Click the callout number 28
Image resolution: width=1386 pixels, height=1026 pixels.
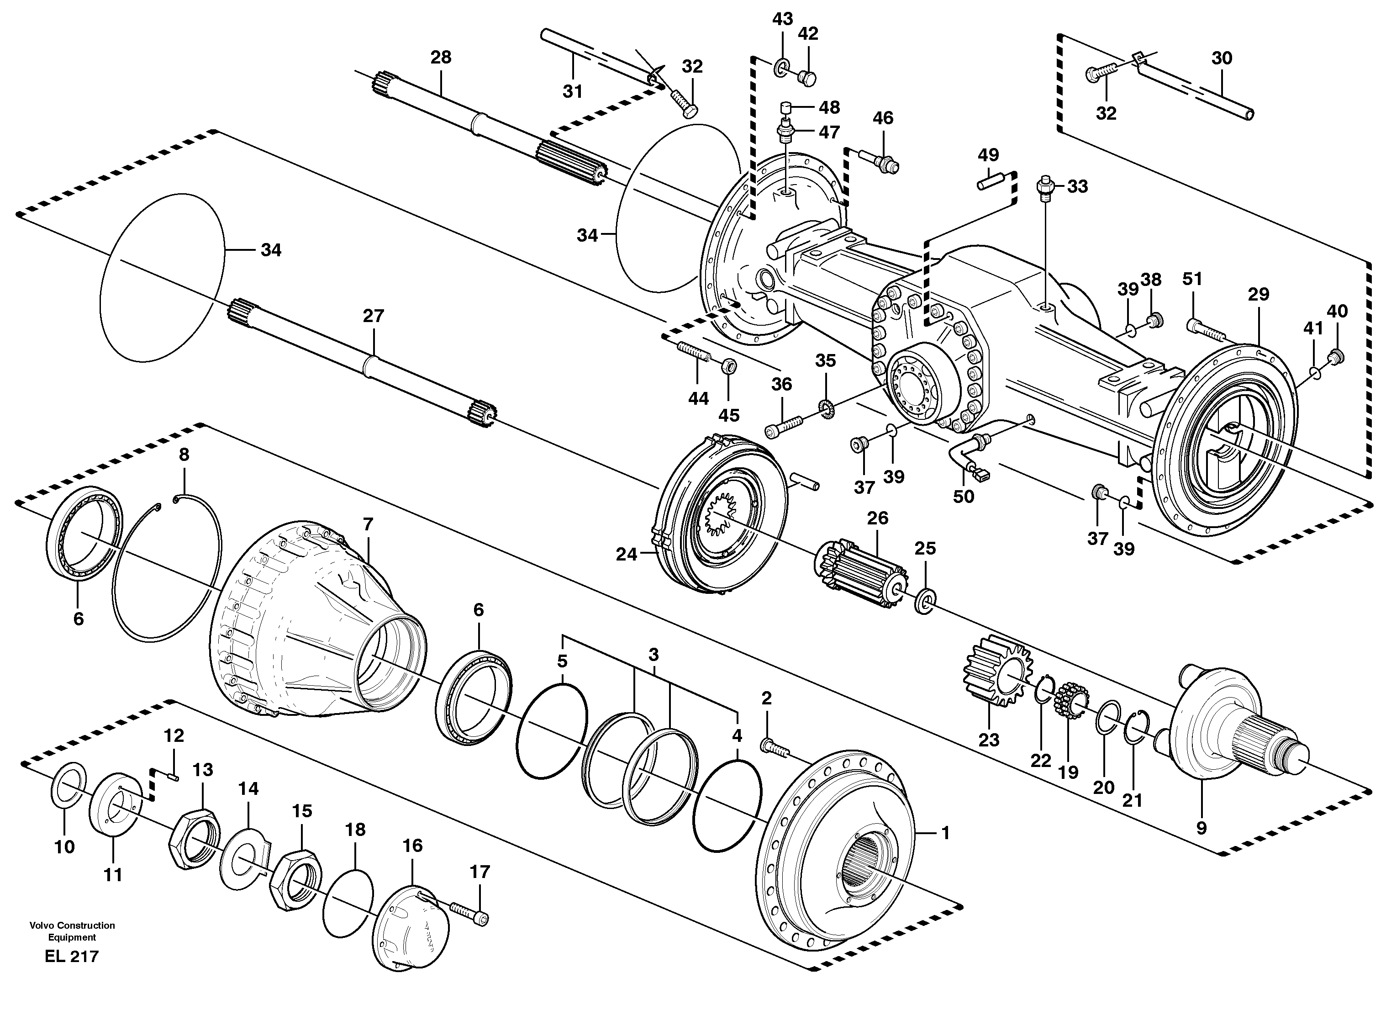[441, 58]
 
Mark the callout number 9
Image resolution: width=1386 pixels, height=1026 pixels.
[1201, 828]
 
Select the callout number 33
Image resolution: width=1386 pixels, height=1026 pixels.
[1077, 186]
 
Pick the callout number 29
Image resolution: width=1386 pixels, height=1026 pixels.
[1258, 294]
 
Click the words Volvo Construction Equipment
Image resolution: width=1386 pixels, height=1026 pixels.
[72, 931]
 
